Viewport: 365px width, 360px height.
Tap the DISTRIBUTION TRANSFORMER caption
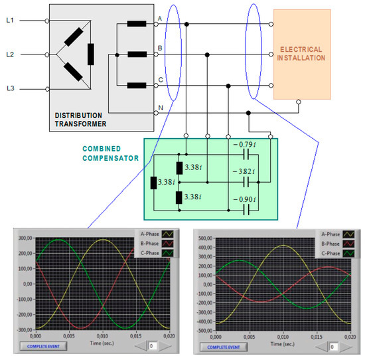coord(80,119)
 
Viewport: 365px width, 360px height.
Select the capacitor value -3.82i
coord(244,171)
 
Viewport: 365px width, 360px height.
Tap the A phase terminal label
coord(159,19)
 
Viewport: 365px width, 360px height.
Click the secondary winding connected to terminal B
coord(136,54)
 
